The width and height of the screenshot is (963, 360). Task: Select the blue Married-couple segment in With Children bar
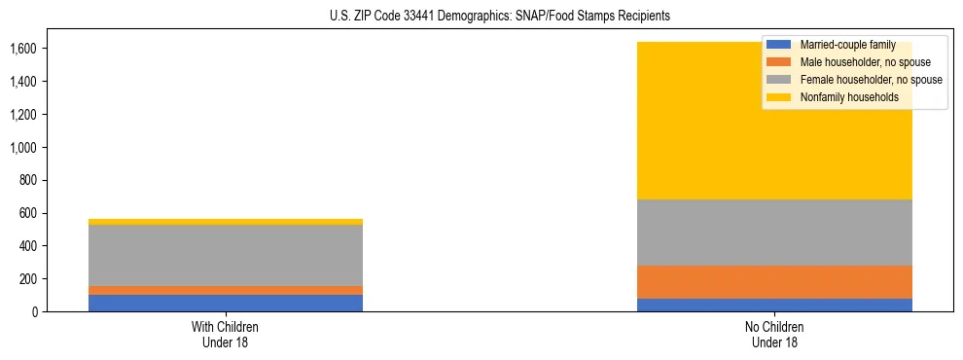(226, 303)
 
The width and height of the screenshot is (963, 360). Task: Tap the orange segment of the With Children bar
(226, 290)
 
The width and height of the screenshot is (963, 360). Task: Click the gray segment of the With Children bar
(226, 255)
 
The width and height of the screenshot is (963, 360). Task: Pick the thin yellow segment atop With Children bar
(226, 222)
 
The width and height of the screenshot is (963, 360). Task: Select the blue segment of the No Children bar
(774, 305)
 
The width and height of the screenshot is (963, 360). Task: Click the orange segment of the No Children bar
(774, 282)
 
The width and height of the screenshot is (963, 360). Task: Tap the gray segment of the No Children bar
(774, 233)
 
